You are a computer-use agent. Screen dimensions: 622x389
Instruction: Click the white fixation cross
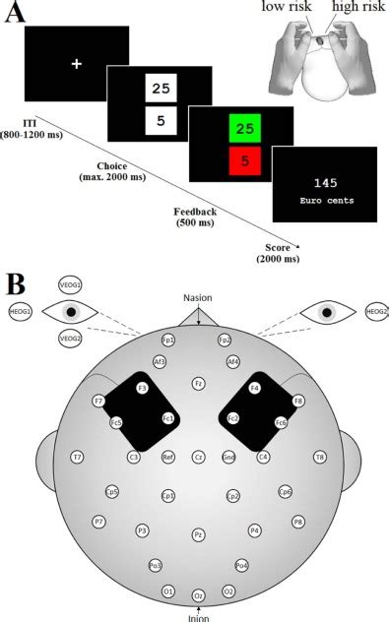click(76, 64)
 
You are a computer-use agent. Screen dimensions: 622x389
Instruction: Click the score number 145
click(324, 183)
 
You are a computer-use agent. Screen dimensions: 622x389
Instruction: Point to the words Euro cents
click(324, 200)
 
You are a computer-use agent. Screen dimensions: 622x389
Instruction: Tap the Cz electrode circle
click(198, 457)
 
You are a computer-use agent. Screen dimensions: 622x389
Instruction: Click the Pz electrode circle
click(198, 534)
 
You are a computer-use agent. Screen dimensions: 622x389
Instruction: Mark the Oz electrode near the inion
click(198, 595)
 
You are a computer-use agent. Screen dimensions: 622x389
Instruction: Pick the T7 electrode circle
click(77, 457)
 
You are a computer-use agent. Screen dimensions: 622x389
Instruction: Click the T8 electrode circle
click(320, 457)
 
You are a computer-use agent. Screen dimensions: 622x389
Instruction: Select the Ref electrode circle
click(168, 457)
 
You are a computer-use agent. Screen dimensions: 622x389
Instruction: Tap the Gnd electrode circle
click(228, 457)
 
